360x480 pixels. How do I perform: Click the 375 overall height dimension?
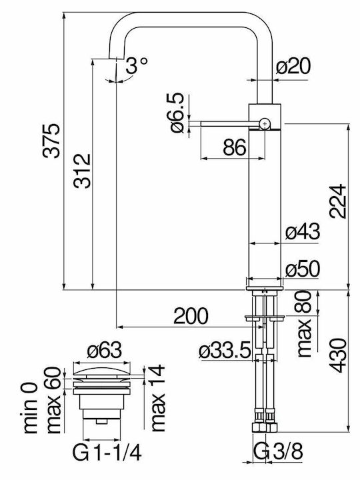(51, 141)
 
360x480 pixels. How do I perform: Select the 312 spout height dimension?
(82, 171)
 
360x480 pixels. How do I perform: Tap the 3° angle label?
(136, 66)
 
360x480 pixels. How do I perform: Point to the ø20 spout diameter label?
(293, 66)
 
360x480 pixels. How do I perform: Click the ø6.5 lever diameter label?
(177, 113)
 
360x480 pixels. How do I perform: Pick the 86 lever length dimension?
(235, 147)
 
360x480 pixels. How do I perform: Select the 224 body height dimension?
(338, 201)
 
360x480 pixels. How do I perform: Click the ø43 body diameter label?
(303, 232)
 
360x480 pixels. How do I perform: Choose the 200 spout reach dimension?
(191, 316)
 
